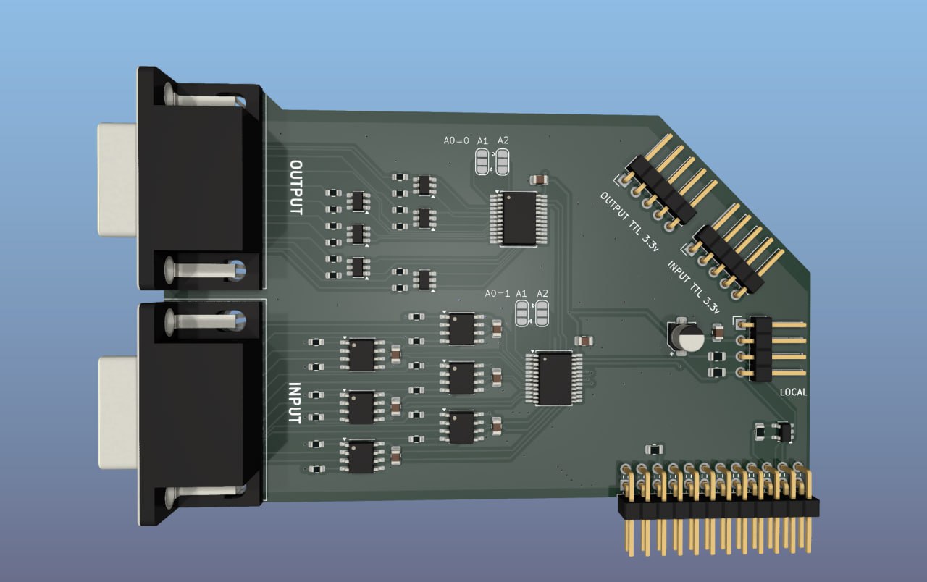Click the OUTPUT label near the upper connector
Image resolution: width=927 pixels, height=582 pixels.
[x=296, y=187]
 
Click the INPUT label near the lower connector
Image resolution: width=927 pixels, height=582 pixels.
[x=294, y=403]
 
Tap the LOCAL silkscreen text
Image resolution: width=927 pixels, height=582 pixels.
[x=793, y=392]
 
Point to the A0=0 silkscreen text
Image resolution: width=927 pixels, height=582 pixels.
[x=456, y=140]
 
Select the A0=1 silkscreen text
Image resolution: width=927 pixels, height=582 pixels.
[x=498, y=294]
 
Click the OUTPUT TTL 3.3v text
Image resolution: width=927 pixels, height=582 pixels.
[x=629, y=222]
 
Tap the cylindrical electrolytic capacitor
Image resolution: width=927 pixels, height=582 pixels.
[x=687, y=337]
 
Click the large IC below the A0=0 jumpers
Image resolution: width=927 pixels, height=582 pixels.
[x=519, y=218]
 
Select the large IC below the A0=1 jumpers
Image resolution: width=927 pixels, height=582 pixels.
[x=555, y=378]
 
